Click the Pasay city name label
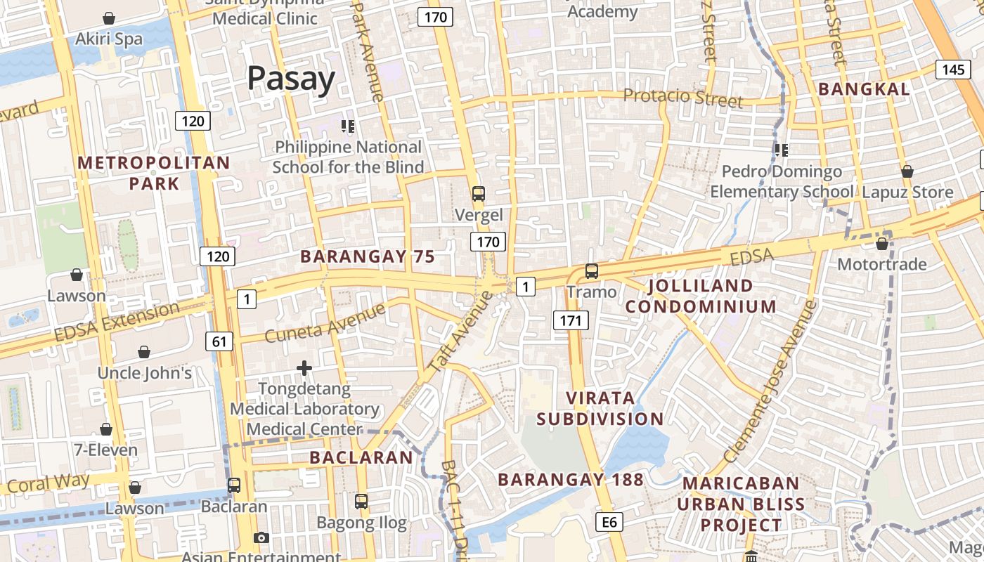pos(291,79)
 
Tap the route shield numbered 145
pos(953,69)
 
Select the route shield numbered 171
pos(570,321)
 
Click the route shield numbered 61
pos(219,342)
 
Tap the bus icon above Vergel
pos(479,193)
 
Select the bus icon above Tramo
pos(592,270)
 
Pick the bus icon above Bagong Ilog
pos(361,502)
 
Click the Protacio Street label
pos(683,98)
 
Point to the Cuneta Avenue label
pos(325,322)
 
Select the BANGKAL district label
pos(864,89)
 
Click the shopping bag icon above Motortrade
pos(882,244)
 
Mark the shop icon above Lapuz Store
pos(907,171)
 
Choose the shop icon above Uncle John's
pos(144,351)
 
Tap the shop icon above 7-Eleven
pos(106,429)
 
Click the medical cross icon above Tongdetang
pos(304,367)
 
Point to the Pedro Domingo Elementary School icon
pos(781,150)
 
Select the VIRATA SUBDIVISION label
pos(600,408)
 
